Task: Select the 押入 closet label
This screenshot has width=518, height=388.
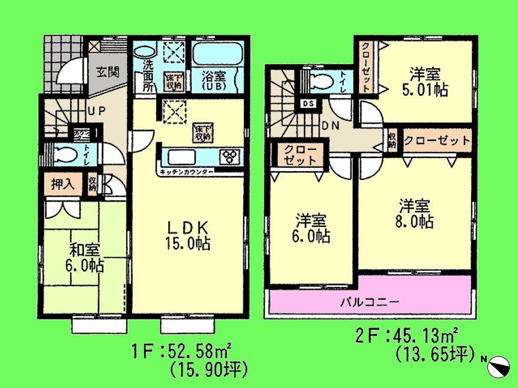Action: click(62, 183)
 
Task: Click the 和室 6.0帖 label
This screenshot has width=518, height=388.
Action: click(82, 258)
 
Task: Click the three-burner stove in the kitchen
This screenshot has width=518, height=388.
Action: click(229, 156)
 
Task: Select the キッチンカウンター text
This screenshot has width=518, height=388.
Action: click(185, 172)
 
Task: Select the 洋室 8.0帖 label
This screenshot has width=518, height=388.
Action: click(416, 214)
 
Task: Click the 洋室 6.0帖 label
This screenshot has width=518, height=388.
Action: click(313, 229)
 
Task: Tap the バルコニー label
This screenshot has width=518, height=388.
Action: click(370, 303)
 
